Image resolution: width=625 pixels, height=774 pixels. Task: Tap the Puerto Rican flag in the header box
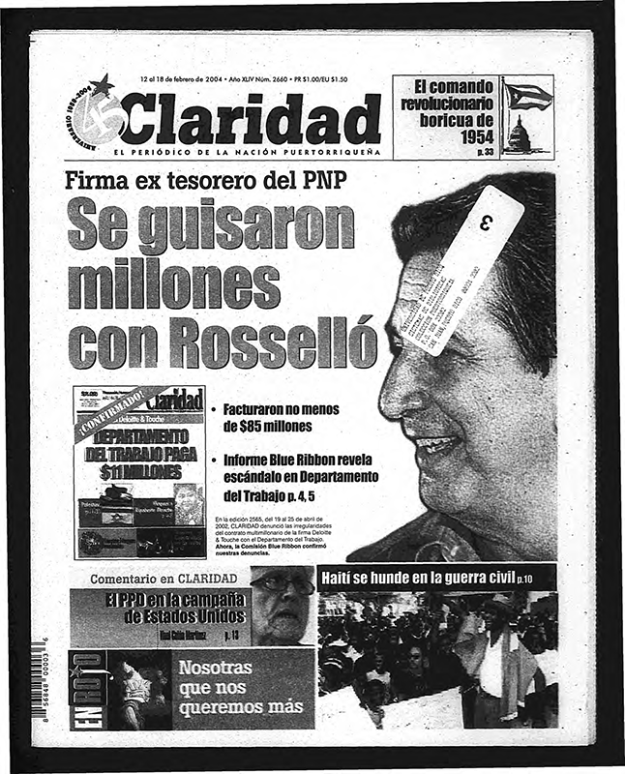pos(528,96)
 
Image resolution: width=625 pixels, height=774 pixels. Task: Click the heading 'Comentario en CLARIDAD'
pos(164,579)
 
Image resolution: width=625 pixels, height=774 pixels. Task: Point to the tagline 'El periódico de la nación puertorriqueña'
pos(247,153)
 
